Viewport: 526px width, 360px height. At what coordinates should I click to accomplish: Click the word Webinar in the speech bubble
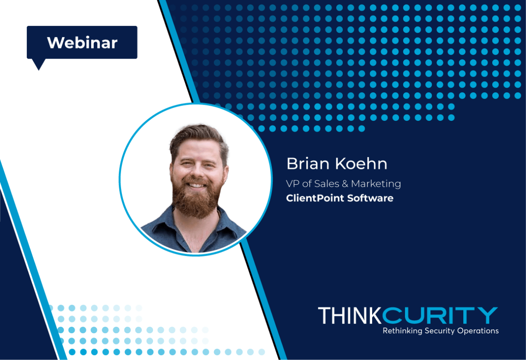point(82,43)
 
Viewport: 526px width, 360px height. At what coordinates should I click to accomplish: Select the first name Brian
point(308,163)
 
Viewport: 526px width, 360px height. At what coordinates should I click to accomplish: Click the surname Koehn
point(361,163)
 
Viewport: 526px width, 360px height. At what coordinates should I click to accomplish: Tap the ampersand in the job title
point(345,184)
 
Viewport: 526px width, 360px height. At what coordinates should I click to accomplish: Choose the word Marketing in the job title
point(376,184)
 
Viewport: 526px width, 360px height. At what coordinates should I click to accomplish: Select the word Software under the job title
point(370,198)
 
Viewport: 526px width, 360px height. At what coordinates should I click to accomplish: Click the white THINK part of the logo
point(350,315)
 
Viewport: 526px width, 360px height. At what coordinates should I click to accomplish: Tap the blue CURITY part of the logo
point(440,315)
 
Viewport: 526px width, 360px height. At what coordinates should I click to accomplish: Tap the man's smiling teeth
point(196,186)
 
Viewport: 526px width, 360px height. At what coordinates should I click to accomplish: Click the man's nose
point(197,173)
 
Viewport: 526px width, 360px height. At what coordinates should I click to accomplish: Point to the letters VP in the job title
point(293,184)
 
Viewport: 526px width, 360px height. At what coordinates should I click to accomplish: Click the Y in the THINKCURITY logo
point(488,315)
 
